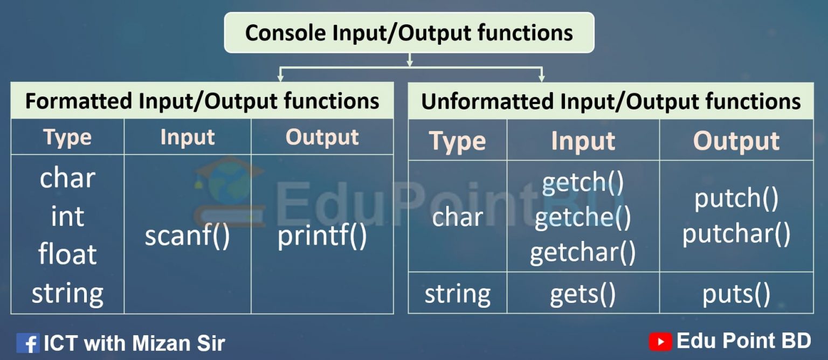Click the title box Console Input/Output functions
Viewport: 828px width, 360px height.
tap(409, 32)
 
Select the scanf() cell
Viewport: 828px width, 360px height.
tap(187, 236)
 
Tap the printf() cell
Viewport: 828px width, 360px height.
tap(322, 236)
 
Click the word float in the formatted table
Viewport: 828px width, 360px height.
tap(67, 254)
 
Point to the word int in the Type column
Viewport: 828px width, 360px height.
tap(67, 216)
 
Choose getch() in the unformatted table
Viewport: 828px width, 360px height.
tap(583, 183)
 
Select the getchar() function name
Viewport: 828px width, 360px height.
tap(583, 252)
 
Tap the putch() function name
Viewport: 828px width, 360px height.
tap(736, 198)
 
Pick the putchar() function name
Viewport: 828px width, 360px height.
tap(736, 234)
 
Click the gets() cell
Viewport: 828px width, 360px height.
tap(583, 294)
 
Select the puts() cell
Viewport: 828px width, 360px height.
tap(736, 294)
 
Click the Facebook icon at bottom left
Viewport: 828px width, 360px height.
tap(27, 343)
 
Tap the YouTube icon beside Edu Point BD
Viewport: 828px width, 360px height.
tap(660, 341)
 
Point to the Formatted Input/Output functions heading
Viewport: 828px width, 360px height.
tap(202, 101)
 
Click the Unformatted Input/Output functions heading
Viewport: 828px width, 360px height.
tap(611, 101)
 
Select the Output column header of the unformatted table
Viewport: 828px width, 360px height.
tap(736, 141)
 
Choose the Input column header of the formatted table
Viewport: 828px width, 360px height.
tap(187, 137)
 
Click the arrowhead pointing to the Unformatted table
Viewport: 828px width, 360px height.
tap(541, 78)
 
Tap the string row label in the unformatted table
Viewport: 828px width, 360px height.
tap(458, 294)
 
